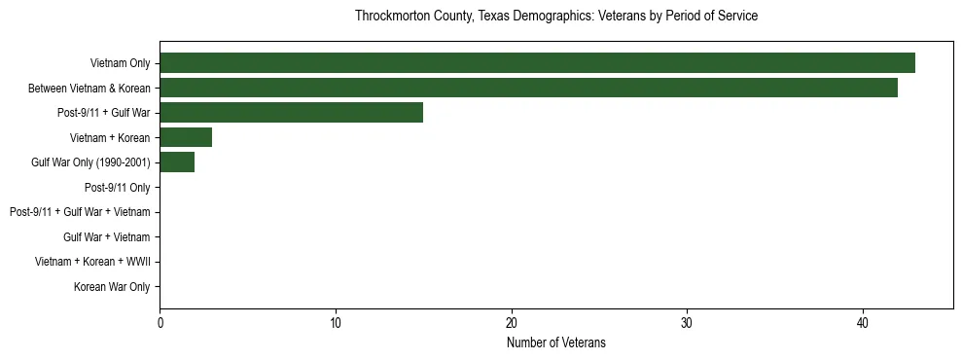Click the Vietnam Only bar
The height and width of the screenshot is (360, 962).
(x=537, y=63)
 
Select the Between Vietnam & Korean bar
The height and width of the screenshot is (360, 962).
(x=528, y=88)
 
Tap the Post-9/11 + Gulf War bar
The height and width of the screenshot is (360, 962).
(x=291, y=113)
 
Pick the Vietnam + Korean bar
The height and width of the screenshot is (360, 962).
(x=186, y=137)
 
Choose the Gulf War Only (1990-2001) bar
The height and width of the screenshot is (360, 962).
(x=177, y=162)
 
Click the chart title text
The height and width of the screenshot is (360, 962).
(x=556, y=17)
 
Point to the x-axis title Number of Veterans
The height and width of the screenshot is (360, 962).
(x=556, y=342)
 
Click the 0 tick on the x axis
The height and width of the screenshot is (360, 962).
(x=160, y=323)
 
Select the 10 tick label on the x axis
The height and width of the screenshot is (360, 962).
(x=336, y=323)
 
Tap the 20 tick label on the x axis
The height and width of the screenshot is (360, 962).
(x=512, y=323)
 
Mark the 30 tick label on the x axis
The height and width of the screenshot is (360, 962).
(x=687, y=323)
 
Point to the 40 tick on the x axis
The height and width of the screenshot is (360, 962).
(x=863, y=323)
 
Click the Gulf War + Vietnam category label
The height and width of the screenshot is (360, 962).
(x=106, y=237)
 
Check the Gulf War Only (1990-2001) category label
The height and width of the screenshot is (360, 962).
(x=90, y=162)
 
